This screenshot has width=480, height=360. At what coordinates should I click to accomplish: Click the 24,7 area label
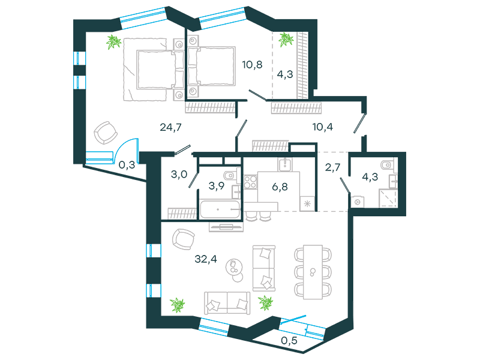tap(170, 127)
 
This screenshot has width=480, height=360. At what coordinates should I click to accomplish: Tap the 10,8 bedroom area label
tap(252, 65)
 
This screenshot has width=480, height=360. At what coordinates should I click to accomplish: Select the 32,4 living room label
tap(206, 259)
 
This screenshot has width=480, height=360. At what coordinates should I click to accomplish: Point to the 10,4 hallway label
tap(323, 127)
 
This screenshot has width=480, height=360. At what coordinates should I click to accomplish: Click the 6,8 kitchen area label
tap(280, 187)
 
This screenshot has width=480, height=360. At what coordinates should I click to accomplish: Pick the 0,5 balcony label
tap(289, 340)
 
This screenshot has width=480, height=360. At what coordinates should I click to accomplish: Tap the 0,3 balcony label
tap(127, 165)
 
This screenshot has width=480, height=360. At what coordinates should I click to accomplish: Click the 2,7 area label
tap(333, 167)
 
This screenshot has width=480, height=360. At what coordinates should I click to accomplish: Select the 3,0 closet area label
tap(179, 174)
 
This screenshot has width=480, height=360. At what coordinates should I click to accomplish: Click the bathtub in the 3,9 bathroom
tap(220, 209)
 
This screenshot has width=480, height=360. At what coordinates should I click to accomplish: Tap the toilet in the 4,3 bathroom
tap(389, 166)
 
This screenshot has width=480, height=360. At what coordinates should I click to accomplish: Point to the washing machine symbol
tap(357, 202)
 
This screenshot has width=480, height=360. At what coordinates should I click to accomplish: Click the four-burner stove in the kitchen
tap(250, 182)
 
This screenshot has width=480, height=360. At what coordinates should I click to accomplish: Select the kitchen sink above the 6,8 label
tap(285, 164)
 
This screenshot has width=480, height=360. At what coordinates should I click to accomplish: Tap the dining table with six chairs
tap(313, 272)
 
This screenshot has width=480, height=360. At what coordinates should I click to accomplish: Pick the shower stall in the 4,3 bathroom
tap(388, 198)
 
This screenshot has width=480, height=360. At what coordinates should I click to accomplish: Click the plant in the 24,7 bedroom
tap(113, 42)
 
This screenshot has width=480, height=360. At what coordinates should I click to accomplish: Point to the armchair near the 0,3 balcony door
tap(106, 133)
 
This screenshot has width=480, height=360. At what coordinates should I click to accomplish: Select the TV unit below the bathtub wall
tap(226, 227)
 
